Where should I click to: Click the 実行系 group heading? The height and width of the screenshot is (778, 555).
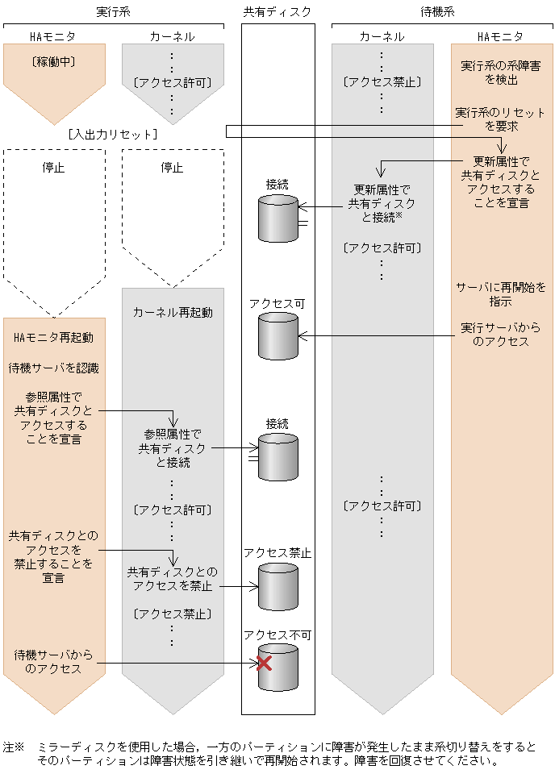pos(114,11)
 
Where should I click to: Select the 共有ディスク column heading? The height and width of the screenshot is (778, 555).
pos(277,11)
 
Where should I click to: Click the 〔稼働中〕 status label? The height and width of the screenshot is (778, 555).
pos(54,60)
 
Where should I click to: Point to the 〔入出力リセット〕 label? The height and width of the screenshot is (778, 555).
pos(113,133)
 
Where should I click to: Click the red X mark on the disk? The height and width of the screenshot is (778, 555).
pos(263,664)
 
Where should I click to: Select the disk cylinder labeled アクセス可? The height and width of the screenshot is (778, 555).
pos(278,336)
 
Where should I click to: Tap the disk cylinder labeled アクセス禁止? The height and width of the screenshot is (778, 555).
pos(278,587)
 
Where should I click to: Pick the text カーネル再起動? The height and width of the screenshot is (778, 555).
pos(173,312)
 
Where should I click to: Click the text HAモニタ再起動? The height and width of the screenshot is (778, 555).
pos(54,337)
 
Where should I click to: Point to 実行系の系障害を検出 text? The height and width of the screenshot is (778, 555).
pos(501,73)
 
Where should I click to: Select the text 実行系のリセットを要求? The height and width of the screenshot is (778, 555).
pos(501,119)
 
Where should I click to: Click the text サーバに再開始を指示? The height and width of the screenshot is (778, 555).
pos(501,294)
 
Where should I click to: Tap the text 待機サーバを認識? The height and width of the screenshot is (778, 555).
pos(54,368)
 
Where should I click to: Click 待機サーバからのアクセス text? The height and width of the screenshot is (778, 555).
pos(54,661)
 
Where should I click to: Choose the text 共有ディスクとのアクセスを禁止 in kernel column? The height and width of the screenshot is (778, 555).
pos(172,578)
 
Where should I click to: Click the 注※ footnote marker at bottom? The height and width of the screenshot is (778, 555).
pos(14,747)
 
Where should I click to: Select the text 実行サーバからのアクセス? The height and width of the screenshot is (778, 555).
pos(501,335)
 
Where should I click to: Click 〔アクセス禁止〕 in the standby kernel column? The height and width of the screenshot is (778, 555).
pos(382,81)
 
